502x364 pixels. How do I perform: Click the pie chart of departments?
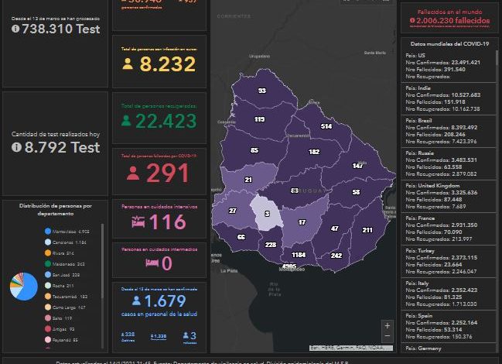coord(23,287)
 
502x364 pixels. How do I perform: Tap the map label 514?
coord(326,126)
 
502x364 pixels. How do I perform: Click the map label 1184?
coord(299,255)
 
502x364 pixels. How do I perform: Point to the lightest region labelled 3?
coord(267,214)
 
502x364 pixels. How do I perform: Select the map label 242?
coord(336,256)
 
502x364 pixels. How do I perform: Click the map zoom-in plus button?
coord(387,326)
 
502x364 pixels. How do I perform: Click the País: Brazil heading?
coord(422,121)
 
